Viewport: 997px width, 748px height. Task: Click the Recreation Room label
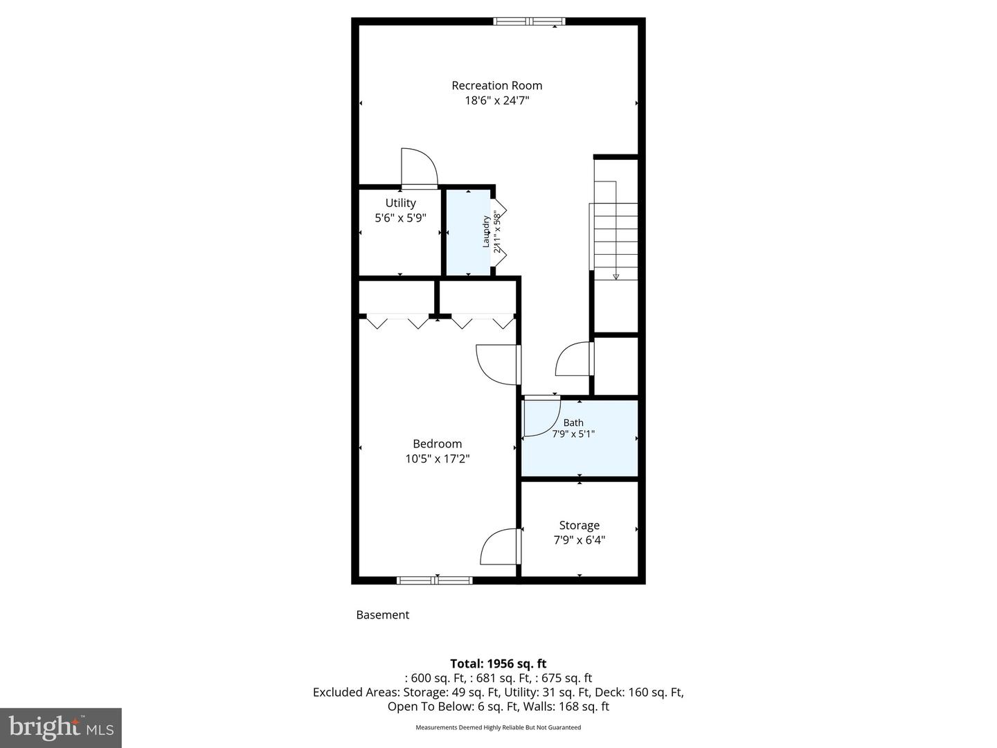coord(496,85)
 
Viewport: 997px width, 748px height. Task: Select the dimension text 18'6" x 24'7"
coord(496,100)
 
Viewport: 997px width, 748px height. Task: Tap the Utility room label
coord(400,203)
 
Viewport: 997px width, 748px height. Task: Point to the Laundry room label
coord(486,231)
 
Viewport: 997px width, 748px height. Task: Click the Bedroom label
coord(437,444)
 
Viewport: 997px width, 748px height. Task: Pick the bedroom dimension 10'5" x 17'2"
coord(437,458)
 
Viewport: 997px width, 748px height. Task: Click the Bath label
coord(573,422)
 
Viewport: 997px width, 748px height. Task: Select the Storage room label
coord(579,525)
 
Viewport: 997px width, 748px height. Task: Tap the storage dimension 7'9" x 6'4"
coord(579,540)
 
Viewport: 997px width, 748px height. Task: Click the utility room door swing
coord(419,168)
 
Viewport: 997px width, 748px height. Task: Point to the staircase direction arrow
coord(616,276)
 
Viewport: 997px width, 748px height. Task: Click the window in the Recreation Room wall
coord(529,21)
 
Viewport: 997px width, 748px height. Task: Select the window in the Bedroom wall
coord(434,580)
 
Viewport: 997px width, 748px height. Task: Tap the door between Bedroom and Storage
coord(500,546)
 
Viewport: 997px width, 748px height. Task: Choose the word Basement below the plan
coord(382,615)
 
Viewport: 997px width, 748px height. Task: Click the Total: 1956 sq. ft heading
coord(498,664)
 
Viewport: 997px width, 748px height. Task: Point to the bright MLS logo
coord(61,727)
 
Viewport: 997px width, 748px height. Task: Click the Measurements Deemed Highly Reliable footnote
coord(498,727)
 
